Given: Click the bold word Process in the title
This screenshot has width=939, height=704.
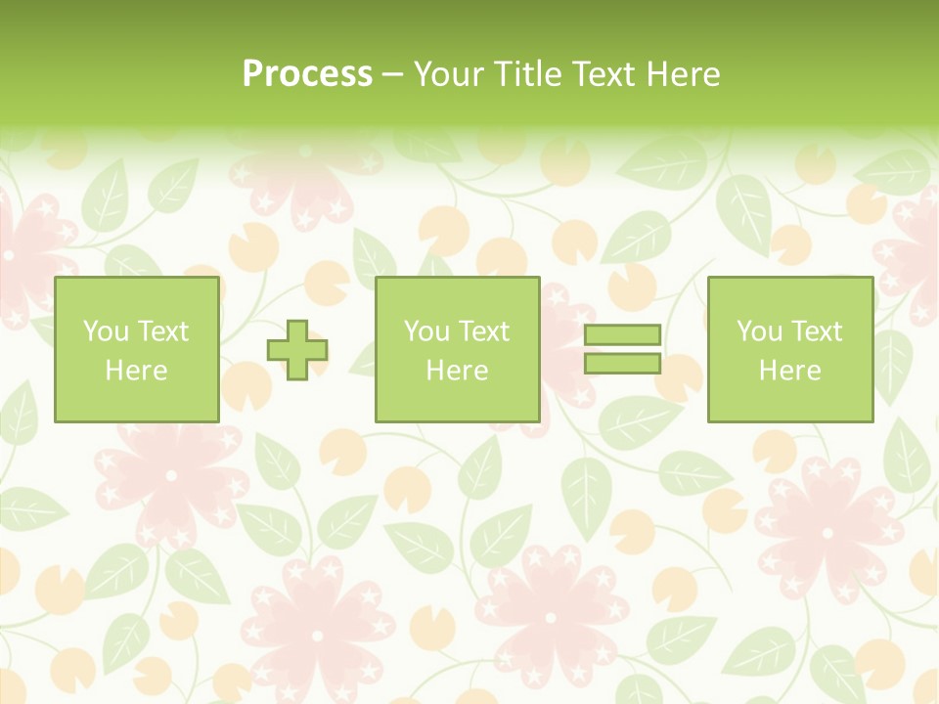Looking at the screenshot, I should coord(307,74).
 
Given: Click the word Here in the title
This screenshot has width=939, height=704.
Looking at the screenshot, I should coord(685,74).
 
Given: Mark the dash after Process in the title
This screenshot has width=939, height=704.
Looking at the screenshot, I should coord(393,75).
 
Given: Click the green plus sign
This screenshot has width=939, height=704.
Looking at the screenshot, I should coord(297,350).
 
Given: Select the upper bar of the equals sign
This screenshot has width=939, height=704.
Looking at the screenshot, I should coord(622,335).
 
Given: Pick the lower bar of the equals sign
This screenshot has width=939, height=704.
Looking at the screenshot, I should coord(622,364).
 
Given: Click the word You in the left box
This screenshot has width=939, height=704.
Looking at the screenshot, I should coord(106,331).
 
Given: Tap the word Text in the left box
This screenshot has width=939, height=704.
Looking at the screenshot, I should coord(162,331).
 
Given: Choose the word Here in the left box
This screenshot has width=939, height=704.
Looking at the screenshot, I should coord(136,371).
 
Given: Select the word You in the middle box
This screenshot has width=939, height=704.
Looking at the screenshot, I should coord(426,331).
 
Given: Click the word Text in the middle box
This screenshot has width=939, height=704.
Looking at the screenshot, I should coord(483,331).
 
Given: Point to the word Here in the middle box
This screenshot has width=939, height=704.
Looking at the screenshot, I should coord(457,371).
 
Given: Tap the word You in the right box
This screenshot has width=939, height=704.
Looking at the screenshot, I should coord(759,331).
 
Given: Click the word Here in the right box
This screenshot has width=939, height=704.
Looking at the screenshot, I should coord(789,371).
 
